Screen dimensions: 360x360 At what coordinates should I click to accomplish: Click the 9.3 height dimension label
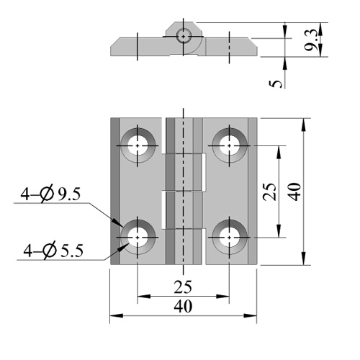click(310, 40)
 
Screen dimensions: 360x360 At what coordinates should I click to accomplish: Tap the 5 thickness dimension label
click(276, 84)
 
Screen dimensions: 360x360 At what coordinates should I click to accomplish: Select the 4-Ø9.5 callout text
click(50, 194)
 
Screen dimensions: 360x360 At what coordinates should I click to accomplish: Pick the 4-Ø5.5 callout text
click(53, 251)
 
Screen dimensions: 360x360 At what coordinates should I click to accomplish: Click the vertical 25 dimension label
click(269, 192)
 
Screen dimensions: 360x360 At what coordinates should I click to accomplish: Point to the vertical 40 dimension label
click(294, 192)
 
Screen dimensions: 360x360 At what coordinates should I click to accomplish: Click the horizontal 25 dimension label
click(183, 287)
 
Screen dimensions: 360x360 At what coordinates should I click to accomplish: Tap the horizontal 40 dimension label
click(183, 307)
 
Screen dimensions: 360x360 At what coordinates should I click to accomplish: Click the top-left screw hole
click(138, 145)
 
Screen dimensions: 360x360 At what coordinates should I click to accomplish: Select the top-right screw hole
click(230, 145)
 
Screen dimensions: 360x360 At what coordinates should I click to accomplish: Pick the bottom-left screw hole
click(138, 238)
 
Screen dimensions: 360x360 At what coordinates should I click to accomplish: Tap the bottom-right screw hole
click(230, 238)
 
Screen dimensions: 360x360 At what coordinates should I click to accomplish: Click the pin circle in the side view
click(184, 37)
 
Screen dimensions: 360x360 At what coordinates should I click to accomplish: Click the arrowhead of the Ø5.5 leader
click(122, 248)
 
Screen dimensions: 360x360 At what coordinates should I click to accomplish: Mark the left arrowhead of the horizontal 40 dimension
click(117, 315)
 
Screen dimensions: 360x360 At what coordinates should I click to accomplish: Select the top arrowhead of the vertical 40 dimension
click(304, 125)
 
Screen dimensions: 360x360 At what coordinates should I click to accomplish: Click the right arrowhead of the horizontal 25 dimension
click(222, 297)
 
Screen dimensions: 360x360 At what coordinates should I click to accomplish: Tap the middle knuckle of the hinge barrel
click(184, 173)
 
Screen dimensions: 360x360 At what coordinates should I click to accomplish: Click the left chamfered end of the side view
click(115, 47)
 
